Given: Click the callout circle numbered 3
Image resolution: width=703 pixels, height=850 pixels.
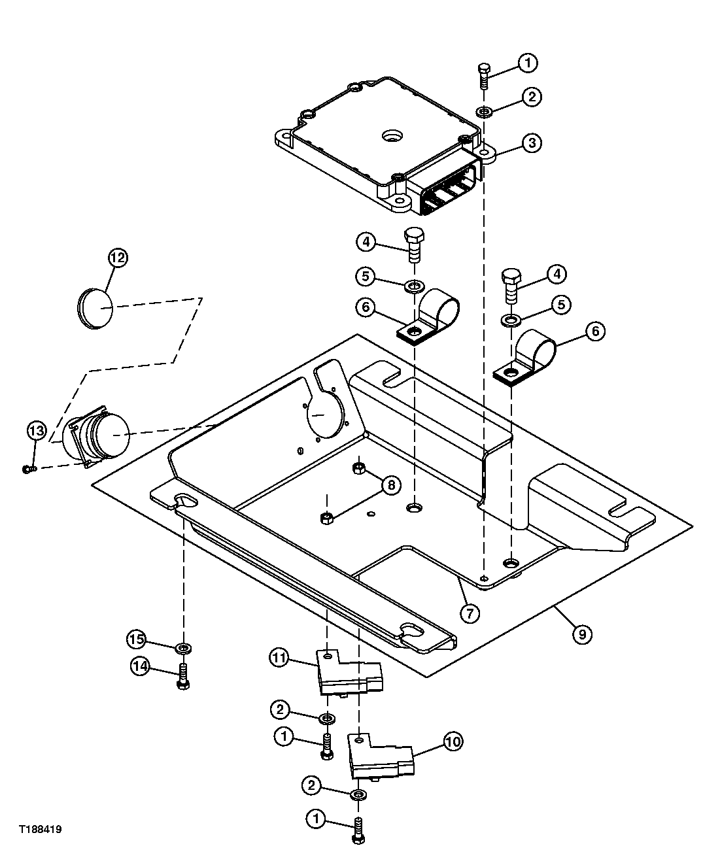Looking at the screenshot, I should pyautogui.click(x=532, y=143).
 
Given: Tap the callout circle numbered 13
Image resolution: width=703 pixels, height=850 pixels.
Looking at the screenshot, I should pyautogui.click(x=37, y=430).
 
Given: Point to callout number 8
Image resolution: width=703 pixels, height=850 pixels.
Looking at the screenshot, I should pyautogui.click(x=390, y=484).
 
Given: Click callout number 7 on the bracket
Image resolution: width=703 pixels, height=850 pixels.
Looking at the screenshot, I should pyautogui.click(x=470, y=613).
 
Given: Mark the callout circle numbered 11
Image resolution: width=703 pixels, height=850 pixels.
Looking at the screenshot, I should pyautogui.click(x=279, y=658).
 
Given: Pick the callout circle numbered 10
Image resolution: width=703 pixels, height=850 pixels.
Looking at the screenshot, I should pyautogui.click(x=453, y=741).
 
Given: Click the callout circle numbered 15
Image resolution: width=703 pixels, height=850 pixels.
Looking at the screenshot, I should pyautogui.click(x=135, y=638).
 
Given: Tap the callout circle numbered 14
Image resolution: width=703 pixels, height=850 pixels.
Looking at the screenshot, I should pyautogui.click(x=139, y=666).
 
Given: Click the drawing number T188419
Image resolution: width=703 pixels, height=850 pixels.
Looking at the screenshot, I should pyautogui.click(x=40, y=829).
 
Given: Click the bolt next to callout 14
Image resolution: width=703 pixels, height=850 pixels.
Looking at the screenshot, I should pyautogui.click(x=182, y=675).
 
